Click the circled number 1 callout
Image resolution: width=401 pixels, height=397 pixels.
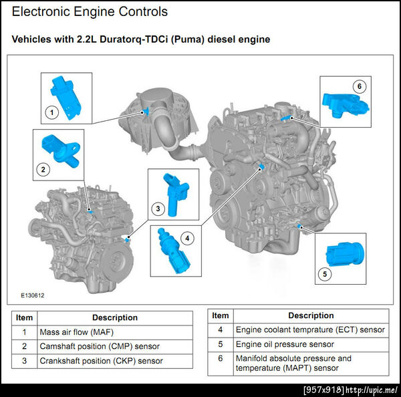pos(52,112)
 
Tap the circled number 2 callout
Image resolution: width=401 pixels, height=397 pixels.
pos(43,169)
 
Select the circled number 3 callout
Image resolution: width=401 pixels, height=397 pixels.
pos(158,209)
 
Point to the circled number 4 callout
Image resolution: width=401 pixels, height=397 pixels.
pos(187,239)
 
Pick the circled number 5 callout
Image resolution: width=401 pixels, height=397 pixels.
pos(325,274)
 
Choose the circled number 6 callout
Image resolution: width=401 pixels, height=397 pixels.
pos(360,86)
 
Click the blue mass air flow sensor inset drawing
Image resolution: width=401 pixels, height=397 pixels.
pos(65,98)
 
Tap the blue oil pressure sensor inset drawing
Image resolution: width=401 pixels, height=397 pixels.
pos(345,253)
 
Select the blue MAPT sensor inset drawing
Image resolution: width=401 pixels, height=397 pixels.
pos(346,105)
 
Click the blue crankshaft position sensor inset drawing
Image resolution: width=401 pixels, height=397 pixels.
pos(175,194)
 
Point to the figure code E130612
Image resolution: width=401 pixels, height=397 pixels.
pos(33,295)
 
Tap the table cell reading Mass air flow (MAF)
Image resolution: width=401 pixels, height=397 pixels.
pos(76,332)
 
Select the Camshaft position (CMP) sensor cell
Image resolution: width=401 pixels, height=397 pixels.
pos(100,346)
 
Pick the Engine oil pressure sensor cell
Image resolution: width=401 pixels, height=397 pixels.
pos(285,344)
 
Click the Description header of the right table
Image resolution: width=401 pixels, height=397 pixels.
pos(311,315)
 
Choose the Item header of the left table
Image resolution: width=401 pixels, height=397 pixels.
pos(24,317)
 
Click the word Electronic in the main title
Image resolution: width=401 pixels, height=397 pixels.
pos(41,12)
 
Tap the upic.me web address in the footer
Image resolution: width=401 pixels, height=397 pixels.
pos(372,390)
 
